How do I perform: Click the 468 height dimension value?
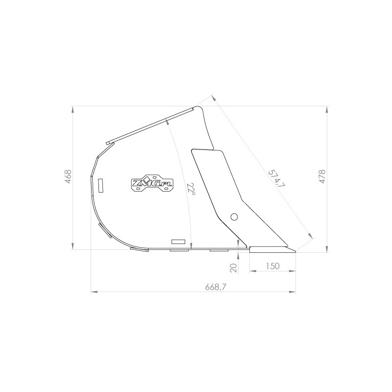[x=68, y=177]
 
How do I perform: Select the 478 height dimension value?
[x=322, y=177]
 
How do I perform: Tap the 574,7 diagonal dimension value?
[x=276, y=178]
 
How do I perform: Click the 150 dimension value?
[x=272, y=266]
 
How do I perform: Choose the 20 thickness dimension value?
[x=233, y=268]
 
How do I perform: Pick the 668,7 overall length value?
[x=216, y=287]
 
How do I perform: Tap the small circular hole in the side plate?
[x=234, y=217]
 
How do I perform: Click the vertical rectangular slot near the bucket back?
[x=101, y=186]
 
